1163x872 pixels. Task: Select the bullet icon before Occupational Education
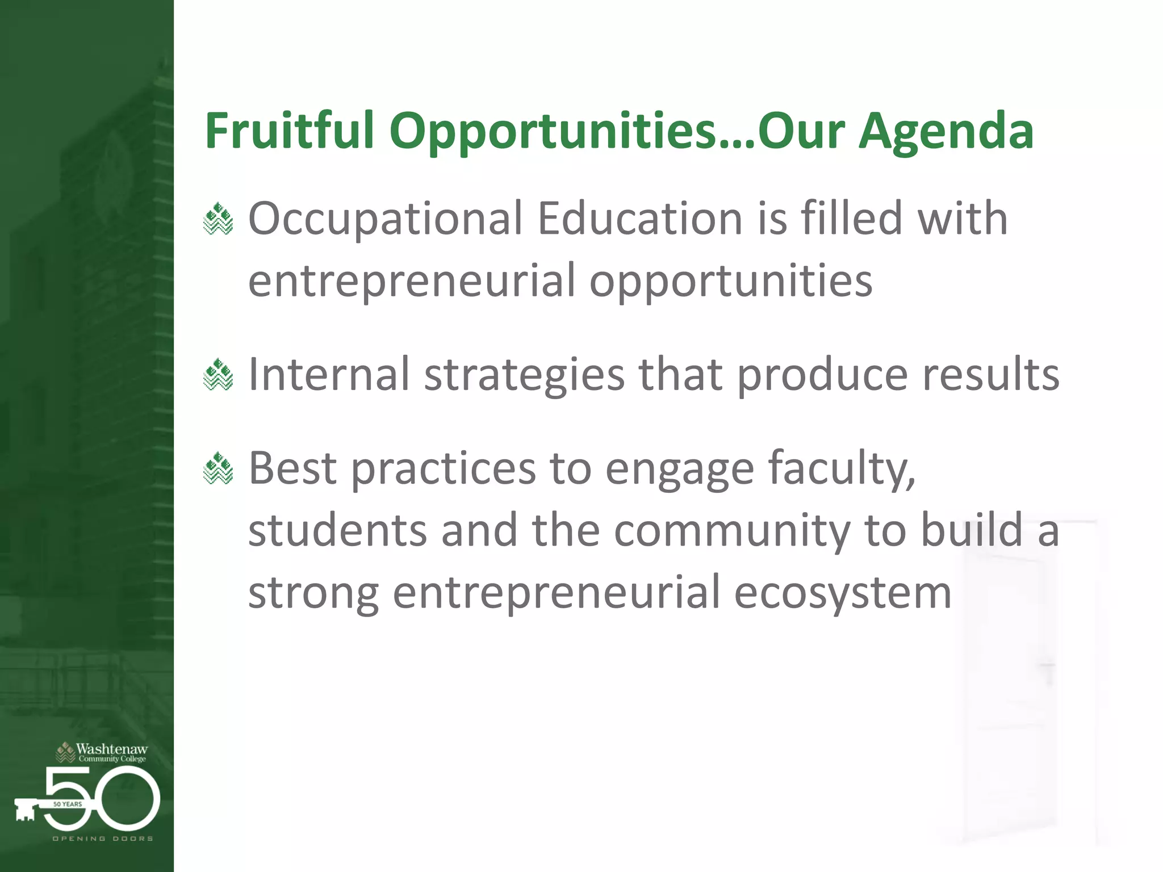click(x=218, y=219)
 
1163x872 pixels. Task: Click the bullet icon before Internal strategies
click(x=218, y=375)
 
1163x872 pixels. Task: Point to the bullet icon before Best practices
click(x=218, y=468)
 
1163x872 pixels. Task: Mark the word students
click(x=337, y=530)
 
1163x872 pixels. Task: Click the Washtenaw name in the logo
click(x=111, y=749)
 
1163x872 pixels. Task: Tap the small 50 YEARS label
click(x=68, y=804)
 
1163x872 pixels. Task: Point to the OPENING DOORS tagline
click(x=103, y=839)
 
